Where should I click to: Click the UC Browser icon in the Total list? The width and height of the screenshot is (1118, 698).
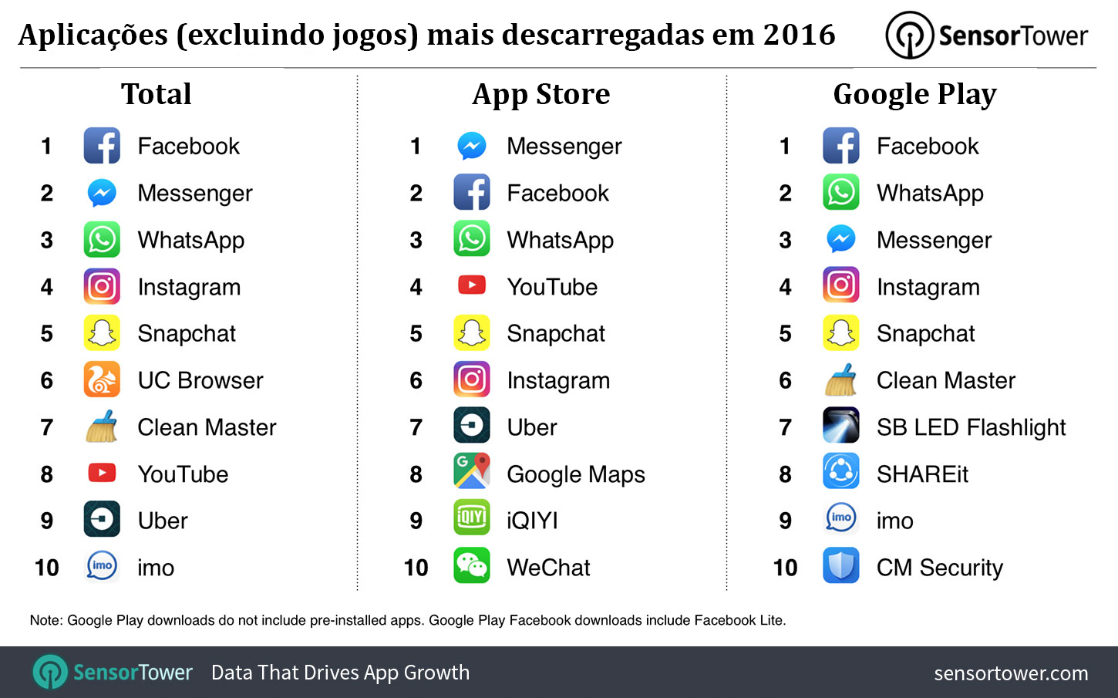tap(102, 379)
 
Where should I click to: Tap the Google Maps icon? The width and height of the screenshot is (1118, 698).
tap(471, 471)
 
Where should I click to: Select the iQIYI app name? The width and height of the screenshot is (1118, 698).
tap(532, 521)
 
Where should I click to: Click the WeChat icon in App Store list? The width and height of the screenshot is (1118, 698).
tap(471, 565)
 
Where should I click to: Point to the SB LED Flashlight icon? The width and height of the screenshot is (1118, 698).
tap(840, 425)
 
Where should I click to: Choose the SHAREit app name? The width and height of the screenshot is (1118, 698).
tap(922, 474)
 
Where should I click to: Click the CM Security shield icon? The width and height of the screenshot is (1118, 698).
tap(840, 565)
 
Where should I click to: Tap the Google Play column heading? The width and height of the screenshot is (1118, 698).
tap(914, 94)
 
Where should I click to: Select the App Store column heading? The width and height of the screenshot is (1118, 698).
tap(540, 94)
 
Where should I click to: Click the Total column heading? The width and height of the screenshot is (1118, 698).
tap(156, 94)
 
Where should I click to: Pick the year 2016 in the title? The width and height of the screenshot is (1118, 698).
tap(799, 35)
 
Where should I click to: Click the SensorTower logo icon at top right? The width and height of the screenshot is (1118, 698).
tap(910, 35)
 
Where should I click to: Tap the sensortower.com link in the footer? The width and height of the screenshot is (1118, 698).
tap(1010, 673)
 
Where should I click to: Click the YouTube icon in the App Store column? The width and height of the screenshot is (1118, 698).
tap(471, 285)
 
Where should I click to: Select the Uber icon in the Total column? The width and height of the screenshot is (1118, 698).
tap(102, 519)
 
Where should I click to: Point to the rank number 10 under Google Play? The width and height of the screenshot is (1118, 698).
tap(785, 568)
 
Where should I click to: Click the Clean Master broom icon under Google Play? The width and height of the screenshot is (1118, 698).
tap(840, 379)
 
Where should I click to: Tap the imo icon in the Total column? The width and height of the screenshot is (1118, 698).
tap(102, 565)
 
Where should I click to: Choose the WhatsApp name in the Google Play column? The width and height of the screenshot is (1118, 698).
tap(930, 194)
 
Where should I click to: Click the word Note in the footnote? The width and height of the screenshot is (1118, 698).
tap(45, 620)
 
